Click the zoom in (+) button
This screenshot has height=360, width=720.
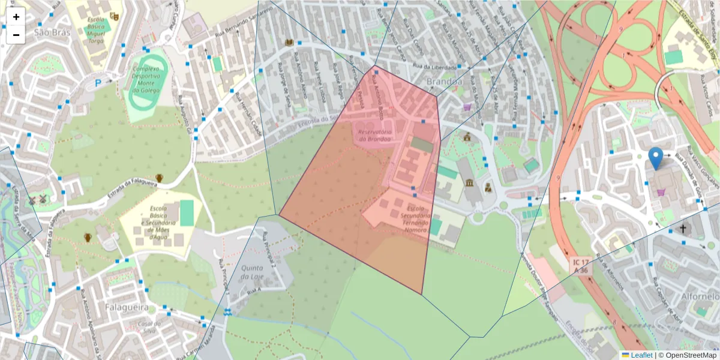(x=16, y=17)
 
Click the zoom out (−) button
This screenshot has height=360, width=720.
(x=16, y=35)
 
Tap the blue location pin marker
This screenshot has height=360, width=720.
(x=656, y=158)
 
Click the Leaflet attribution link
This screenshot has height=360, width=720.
(x=637, y=355)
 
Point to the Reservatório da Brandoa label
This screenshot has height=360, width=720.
(x=374, y=135)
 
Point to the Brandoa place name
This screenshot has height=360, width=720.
(x=444, y=81)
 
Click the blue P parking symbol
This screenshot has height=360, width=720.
(x=98, y=83)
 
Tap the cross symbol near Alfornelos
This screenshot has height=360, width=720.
(x=683, y=229)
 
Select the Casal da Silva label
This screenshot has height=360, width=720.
(x=147, y=327)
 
